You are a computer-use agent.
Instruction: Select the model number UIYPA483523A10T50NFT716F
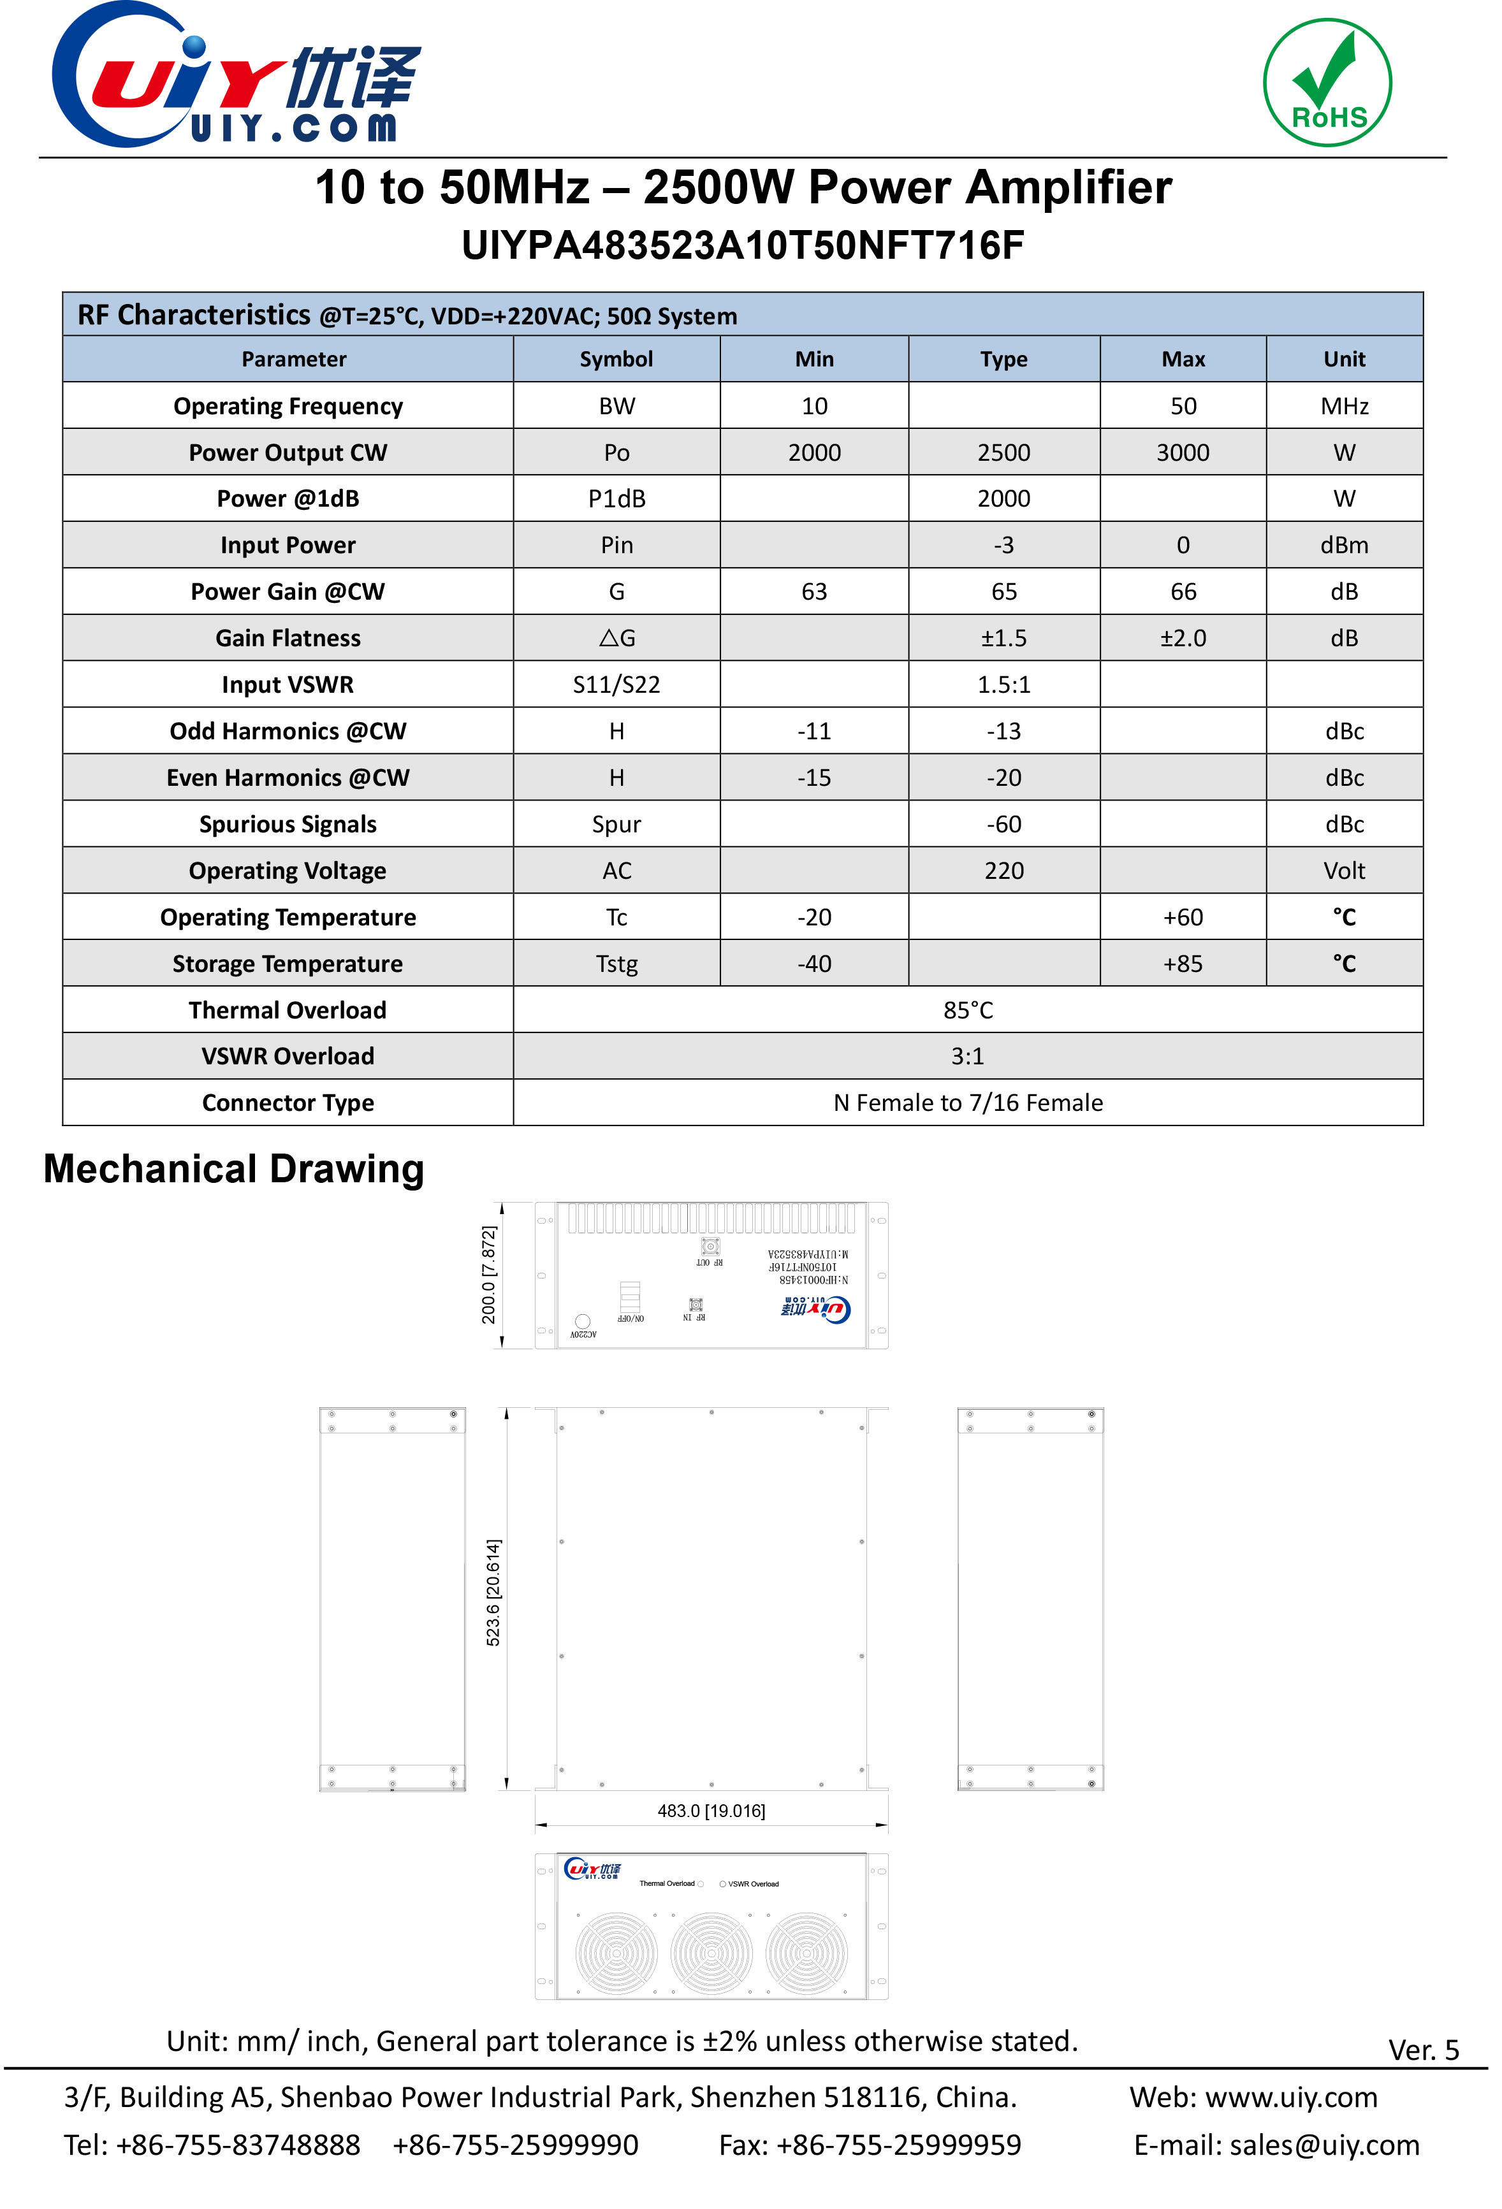743,245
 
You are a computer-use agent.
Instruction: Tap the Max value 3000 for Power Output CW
1183,453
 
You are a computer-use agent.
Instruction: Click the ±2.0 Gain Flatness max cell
1183,638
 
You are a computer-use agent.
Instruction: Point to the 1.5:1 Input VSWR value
1004,684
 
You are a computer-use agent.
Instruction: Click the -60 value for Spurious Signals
1004,824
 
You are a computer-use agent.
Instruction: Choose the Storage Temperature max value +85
1183,964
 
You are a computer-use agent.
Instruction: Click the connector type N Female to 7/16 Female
968,1103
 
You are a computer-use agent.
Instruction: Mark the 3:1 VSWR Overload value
968,1056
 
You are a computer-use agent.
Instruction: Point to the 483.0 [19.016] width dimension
711,1811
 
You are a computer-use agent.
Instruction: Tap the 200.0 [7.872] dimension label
488,1275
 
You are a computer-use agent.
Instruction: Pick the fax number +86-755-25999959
898,2145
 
